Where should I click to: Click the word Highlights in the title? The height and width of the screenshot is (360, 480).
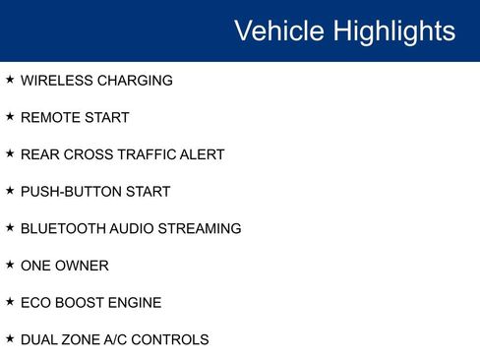tap(394, 31)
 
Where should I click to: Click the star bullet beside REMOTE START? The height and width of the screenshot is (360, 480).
tap(10, 117)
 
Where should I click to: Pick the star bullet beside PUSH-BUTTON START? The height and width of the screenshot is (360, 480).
tap(10, 191)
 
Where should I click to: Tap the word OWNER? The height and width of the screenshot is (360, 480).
tap(85, 266)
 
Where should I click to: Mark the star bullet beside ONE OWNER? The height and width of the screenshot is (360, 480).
tap(10, 265)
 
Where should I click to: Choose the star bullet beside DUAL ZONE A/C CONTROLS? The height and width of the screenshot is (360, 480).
tap(10, 339)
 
